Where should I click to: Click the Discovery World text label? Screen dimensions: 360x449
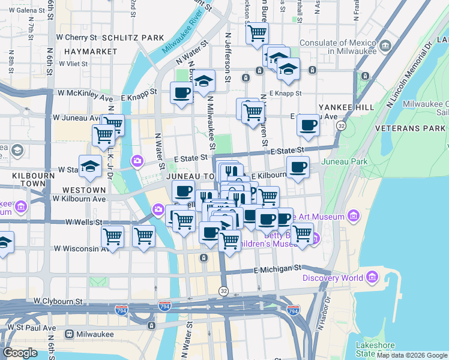coord(332,278)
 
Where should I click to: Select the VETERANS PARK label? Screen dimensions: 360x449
coord(409,129)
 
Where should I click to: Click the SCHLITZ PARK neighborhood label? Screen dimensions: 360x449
coord(133,37)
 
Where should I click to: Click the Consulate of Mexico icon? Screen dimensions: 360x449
coord(385,46)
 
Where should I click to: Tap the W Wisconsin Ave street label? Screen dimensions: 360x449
coord(80,248)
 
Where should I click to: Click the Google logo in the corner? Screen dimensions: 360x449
coord(20,353)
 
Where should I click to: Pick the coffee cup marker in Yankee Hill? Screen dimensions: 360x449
coord(309,125)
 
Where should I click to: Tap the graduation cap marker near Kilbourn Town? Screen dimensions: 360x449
coord(90,166)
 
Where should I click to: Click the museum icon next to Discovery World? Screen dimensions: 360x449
coord(372,278)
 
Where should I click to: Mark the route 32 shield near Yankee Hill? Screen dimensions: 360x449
coord(341,126)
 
